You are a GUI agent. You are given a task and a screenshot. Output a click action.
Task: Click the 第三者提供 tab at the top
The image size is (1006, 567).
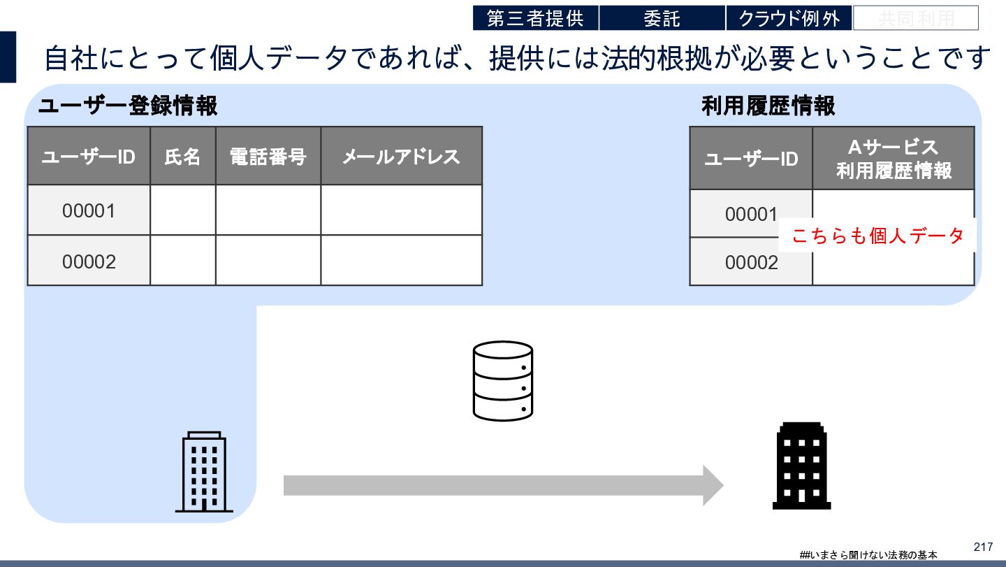pyautogui.click(x=535, y=18)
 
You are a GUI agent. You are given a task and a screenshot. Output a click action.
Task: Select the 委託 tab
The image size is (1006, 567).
pyautogui.click(x=662, y=18)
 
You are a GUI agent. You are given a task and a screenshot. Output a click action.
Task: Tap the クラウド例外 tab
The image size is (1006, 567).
pyautogui.click(x=789, y=18)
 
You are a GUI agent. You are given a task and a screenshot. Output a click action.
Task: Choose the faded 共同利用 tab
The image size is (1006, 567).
pyautogui.click(x=915, y=18)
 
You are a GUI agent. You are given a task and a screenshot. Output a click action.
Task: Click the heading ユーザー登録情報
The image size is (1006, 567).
pyautogui.click(x=128, y=106)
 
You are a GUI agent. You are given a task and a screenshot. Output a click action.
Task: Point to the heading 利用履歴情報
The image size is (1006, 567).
pyautogui.click(x=768, y=106)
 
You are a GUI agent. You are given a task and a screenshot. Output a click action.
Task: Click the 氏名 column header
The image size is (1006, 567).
pyautogui.click(x=182, y=156)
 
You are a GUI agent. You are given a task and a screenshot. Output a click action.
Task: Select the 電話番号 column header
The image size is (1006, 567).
pyautogui.click(x=268, y=156)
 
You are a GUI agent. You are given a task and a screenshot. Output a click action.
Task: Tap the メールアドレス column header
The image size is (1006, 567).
pyautogui.click(x=401, y=156)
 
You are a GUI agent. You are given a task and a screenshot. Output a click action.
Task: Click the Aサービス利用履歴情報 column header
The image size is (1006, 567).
pyautogui.click(x=894, y=159)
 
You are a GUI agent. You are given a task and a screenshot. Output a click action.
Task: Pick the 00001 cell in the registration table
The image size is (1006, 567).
pyautogui.click(x=89, y=210)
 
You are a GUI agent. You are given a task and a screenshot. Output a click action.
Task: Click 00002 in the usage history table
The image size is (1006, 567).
pyautogui.click(x=751, y=262)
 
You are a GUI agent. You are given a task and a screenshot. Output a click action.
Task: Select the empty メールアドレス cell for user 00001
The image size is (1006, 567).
pyautogui.click(x=401, y=210)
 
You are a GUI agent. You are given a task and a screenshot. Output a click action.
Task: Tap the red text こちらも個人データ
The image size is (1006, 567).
pyautogui.click(x=877, y=236)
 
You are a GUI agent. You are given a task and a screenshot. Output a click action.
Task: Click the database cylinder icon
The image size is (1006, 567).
pyautogui.click(x=503, y=381)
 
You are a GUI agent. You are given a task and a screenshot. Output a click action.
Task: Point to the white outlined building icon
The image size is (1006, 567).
pyautogui.click(x=204, y=472)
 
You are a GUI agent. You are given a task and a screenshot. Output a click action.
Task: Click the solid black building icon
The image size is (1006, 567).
pyautogui.click(x=801, y=466)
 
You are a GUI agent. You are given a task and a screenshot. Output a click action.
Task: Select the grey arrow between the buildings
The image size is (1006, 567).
pyautogui.click(x=503, y=485)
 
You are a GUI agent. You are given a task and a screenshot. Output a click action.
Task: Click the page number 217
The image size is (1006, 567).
pyautogui.click(x=983, y=547)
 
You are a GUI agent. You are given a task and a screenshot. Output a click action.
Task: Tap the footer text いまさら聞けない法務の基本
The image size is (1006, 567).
pyautogui.click(x=871, y=554)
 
